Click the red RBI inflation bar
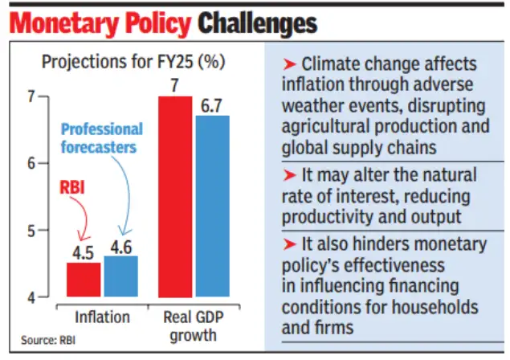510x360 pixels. coord(84,280)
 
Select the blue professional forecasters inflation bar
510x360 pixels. coord(121,276)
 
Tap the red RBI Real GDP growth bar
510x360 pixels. coord(174,197)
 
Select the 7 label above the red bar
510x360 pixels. coord(174,84)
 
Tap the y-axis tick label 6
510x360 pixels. coord(31,163)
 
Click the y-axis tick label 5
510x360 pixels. coord(31,231)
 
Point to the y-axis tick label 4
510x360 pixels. coord(31,297)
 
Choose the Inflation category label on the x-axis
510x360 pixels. coord(102,317)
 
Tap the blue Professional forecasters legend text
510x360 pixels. coord(101,137)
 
